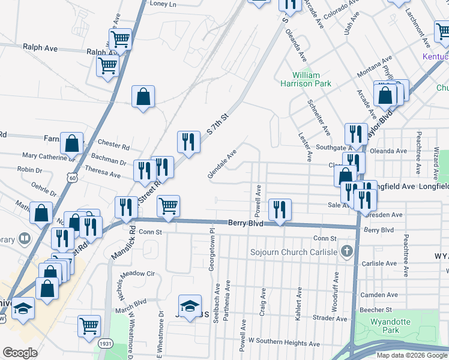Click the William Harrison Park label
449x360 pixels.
coord(306,79)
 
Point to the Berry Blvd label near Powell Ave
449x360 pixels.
coord(246,223)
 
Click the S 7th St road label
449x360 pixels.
coord(218,122)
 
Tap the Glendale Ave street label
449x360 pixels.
coord(222,164)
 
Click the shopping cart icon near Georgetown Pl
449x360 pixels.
coord(169,205)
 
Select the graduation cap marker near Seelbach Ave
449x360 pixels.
coord(190,305)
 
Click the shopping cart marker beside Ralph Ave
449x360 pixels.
coord(107,65)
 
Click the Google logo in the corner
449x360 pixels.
coord(20,353)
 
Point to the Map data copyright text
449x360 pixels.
coord(411,355)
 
